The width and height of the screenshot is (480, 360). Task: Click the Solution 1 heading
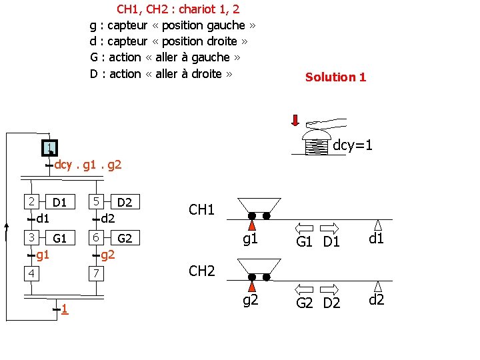(335, 77)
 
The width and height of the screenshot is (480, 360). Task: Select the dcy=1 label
(352, 145)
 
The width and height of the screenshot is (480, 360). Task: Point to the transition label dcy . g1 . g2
(87, 164)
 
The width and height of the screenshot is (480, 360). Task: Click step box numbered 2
(29, 201)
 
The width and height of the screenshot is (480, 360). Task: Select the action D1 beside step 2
(59, 201)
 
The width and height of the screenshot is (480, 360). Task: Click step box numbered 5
(96, 201)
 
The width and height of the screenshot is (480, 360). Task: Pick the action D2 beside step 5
(125, 201)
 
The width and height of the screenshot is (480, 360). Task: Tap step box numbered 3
(29, 237)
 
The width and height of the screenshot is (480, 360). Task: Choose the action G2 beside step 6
(125, 238)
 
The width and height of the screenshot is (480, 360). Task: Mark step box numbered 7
(96, 273)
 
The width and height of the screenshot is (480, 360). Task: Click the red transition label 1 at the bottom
(63, 309)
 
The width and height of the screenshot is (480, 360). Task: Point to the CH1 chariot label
(201, 210)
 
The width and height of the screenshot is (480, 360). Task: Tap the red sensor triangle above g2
(252, 286)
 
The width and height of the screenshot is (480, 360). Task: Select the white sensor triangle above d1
(378, 225)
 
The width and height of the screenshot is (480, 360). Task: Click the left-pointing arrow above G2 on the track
(304, 289)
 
